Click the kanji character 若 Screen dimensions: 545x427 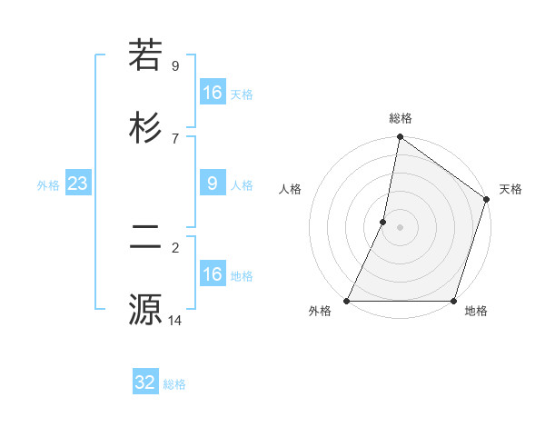click(x=145, y=56)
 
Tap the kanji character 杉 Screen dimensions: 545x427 click(x=145, y=127)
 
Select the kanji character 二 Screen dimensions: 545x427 click(x=145, y=238)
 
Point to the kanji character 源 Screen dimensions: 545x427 click(x=145, y=309)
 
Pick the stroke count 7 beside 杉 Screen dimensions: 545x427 click(x=175, y=137)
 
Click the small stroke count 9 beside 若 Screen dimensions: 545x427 click(x=175, y=66)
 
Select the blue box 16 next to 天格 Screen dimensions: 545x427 click(x=213, y=93)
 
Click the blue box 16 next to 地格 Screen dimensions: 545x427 click(x=213, y=274)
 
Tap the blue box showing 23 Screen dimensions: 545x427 click(x=78, y=184)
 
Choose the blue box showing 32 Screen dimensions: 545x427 click(x=145, y=382)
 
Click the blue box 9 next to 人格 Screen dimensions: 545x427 click(x=213, y=184)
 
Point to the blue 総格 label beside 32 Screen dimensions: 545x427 click(x=175, y=384)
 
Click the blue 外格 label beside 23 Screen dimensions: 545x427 click(x=48, y=185)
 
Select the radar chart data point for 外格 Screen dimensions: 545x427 click(x=347, y=301)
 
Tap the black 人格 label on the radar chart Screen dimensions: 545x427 click(x=291, y=189)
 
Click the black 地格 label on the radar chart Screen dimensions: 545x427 click(x=476, y=312)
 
